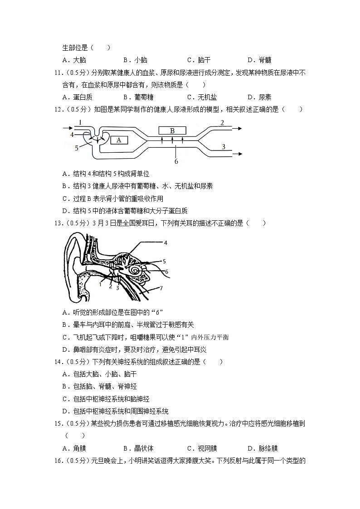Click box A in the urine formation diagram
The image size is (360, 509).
(119, 140)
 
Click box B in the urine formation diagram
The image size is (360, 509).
(172, 131)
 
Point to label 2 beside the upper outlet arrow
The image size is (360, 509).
(222, 122)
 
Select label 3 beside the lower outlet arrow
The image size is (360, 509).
(224, 146)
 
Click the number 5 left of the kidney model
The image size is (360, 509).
(77, 147)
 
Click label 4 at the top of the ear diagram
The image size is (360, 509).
(166, 243)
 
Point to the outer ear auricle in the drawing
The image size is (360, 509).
(75, 267)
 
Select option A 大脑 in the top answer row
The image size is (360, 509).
(75, 60)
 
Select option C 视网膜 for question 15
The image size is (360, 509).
(202, 448)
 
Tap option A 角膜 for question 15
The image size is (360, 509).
(75, 448)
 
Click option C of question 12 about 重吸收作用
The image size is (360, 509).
(113, 199)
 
